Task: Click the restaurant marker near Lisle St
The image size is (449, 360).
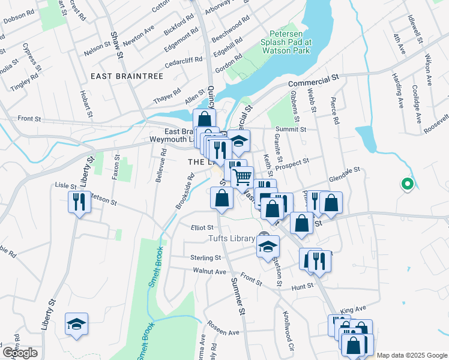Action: [x=79, y=202]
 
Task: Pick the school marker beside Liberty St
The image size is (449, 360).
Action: [x=77, y=325]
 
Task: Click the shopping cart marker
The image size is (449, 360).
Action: [x=242, y=178]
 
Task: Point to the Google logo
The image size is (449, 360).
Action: [x=20, y=353]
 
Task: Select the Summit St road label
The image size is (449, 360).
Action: [x=291, y=129]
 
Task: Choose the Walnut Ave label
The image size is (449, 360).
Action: [x=209, y=271]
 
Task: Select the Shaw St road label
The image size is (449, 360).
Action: [x=116, y=46]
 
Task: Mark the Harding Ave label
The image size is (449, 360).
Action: [x=398, y=87]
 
